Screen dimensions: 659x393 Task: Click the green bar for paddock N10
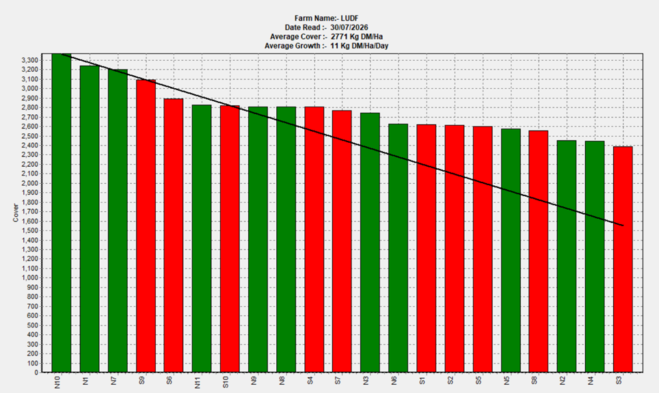click(62, 213)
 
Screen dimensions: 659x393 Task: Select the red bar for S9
click(146, 226)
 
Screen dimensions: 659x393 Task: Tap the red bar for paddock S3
click(623, 259)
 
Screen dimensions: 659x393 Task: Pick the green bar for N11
click(202, 239)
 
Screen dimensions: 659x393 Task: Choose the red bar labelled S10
click(230, 239)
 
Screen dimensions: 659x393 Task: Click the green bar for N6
click(399, 248)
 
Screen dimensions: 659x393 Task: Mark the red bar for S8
click(539, 252)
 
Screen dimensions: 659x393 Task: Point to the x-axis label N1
click(85, 381)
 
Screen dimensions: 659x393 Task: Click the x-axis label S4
click(310, 381)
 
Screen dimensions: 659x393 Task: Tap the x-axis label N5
click(507, 381)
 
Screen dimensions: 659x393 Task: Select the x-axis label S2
click(450, 381)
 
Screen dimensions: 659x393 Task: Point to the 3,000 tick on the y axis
click(30, 89)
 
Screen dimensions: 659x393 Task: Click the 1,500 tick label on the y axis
click(30, 231)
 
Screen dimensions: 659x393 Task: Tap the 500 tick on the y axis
click(33, 325)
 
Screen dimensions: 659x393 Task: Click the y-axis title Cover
click(16, 213)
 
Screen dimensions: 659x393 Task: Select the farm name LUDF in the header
click(350, 18)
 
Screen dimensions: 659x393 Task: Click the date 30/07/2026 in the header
click(349, 28)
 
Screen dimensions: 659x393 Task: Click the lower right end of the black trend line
click(623, 226)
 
